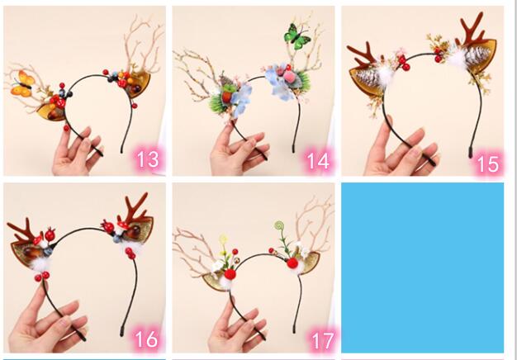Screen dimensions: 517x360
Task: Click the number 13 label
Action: (x=147, y=159)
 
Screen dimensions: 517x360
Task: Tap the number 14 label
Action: (x=318, y=161)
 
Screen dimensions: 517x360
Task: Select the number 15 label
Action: (x=487, y=163)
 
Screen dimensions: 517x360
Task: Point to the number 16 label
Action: (x=146, y=339)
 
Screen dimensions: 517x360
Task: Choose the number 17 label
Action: (x=323, y=341)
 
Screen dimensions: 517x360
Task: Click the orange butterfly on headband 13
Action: (x=22, y=83)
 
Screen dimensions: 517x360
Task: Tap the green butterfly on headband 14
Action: (x=297, y=37)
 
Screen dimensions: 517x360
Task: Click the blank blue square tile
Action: (x=422, y=268)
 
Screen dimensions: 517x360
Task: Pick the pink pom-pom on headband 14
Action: (x=289, y=78)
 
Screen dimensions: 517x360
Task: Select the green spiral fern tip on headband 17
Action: (x=279, y=225)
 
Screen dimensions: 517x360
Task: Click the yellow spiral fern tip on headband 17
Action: (x=224, y=239)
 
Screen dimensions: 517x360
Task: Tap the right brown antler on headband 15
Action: (x=471, y=30)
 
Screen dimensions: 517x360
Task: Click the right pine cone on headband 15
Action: (x=473, y=56)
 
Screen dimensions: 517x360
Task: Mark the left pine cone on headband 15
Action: (x=368, y=78)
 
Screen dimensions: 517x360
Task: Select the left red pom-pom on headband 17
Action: (x=230, y=274)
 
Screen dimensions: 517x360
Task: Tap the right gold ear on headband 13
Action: (x=139, y=84)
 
